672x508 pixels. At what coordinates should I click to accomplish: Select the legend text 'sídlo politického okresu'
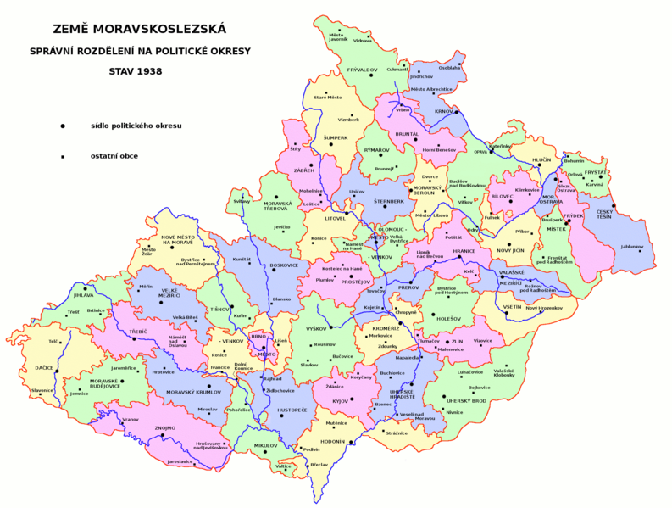(136, 126)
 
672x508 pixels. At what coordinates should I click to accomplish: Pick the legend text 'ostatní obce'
(114, 156)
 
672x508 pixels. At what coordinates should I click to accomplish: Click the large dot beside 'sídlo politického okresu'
(62, 126)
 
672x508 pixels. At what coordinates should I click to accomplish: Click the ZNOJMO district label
(164, 427)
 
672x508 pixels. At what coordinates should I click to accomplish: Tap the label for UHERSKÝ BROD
(467, 400)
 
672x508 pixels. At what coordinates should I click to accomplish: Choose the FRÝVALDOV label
(361, 70)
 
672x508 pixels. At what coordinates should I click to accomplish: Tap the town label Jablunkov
(632, 247)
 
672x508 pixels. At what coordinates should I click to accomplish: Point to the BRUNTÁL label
(407, 133)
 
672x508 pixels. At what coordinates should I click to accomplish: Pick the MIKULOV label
(265, 445)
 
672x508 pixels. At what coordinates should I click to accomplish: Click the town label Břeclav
(319, 465)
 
